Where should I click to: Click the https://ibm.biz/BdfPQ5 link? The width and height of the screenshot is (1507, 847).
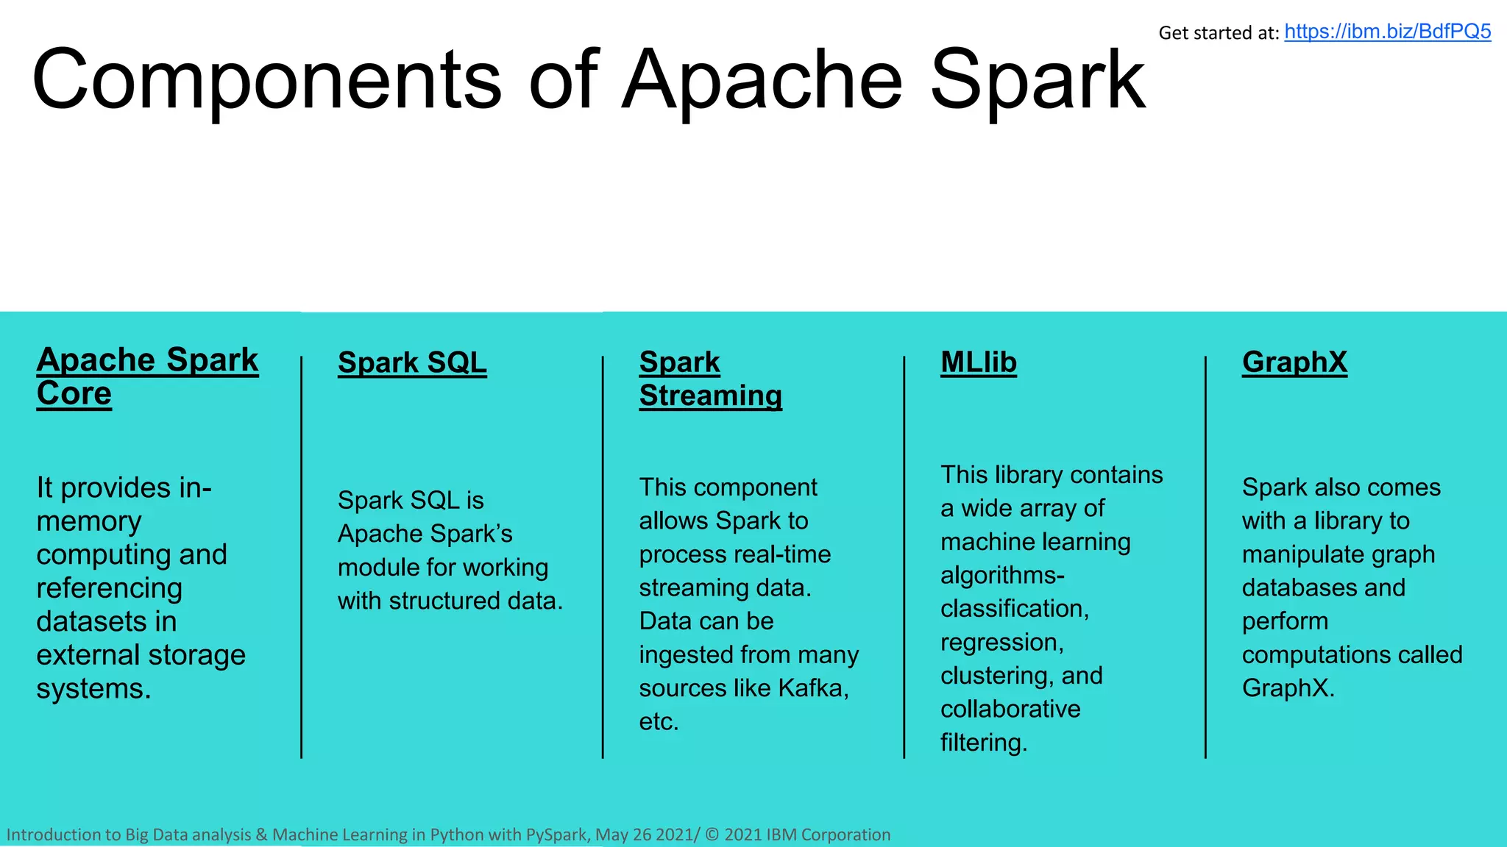coord(1387,32)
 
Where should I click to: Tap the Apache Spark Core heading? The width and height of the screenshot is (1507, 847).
coord(147,376)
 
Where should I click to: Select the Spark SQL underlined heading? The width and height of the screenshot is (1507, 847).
coord(412,362)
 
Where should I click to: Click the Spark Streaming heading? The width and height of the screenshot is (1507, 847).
coord(710,379)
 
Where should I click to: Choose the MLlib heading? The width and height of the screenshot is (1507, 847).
coord(979,362)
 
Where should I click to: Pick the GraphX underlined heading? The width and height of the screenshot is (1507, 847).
coord(1294,362)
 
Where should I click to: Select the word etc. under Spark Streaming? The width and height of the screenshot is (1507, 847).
coord(658,722)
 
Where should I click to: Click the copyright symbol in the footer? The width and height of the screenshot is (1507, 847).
coord(712,835)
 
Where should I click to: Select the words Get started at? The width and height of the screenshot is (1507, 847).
coord(1218,33)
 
